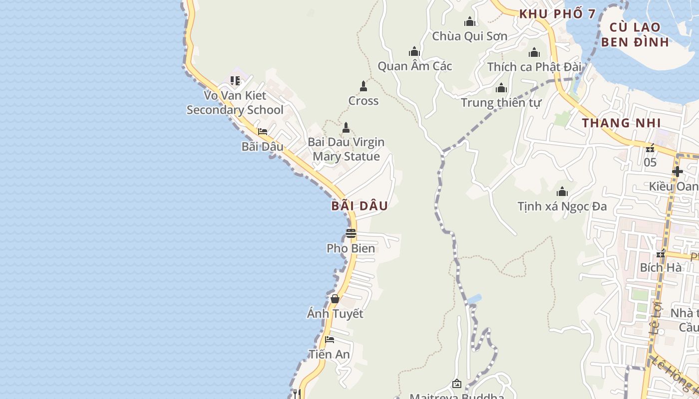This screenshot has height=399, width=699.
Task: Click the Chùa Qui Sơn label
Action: tap(469, 36)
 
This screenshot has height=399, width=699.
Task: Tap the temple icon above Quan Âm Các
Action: tap(414, 51)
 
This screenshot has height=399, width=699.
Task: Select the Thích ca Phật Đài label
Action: tap(534, 67)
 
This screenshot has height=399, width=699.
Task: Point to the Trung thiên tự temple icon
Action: tap(501, 88)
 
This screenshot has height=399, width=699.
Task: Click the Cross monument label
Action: tap(363, 101)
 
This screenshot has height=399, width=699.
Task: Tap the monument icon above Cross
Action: tap(363, 86)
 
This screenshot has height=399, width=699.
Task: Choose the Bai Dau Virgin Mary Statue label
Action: tap(346, 149)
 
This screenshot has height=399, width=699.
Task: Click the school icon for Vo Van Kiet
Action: tap(235, 80)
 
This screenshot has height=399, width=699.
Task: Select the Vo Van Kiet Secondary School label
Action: tap(235, 103)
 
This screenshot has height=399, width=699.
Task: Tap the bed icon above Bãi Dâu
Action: tap(262, 132)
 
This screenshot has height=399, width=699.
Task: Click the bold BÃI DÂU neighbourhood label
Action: tap(359, 206)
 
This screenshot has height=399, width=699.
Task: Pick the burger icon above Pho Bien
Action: tap(351, 233)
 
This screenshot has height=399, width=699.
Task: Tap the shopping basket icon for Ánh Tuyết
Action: tap(335, 299)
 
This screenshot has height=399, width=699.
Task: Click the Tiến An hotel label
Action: tap(329, 354)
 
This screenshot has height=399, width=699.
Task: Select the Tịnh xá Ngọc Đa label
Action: tap(562, 206)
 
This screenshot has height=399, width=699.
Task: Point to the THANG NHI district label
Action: tap(621, 123)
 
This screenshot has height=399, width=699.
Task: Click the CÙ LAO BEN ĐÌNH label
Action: tap(635, 34)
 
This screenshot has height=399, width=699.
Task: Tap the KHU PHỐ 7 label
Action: tap(558, 14)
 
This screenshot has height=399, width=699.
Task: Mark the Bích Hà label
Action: tap(661, 267)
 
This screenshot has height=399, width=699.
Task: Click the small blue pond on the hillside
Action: tap(474, 299)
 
